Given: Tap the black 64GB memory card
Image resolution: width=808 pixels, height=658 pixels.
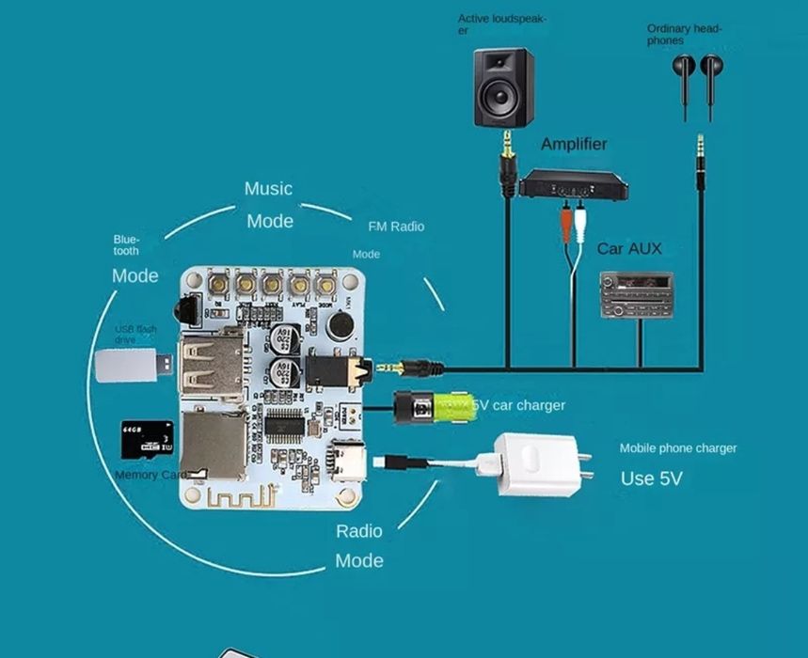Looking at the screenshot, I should pyautogui.click(x=147, y=439).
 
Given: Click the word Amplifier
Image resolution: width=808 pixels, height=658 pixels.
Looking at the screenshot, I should pyautogui.click(x=574, y=144).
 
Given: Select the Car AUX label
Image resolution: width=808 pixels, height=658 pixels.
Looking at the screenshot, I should pyautogui.click(x=629, y=249).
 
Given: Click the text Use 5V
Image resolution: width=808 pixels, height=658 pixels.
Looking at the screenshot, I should pyautogui.click(x=651, y=478).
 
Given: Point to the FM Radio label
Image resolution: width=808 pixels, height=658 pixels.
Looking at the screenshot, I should pyautogui.click(x=396, y=227).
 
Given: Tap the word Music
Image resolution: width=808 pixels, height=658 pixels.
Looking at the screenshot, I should pyautogui.click(x=268, y=189).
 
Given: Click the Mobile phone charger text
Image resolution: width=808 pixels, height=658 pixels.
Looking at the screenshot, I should pyautogui.click(x=677, y=448).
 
